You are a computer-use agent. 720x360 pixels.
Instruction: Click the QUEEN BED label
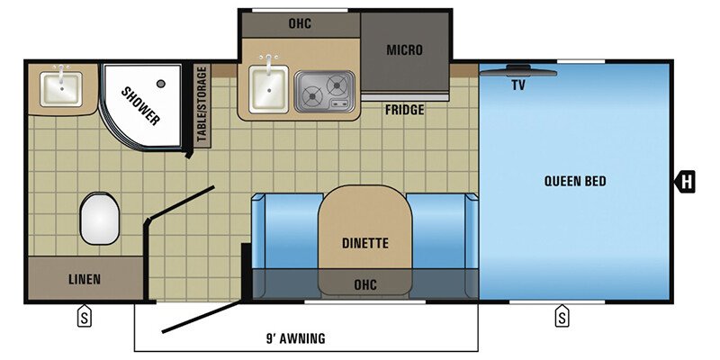pyautogui.click(x=575, y=181)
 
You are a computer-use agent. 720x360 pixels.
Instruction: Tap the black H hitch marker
pyautogui.click(x=686, y=181)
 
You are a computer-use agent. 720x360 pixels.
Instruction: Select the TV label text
pyautogui.click(x=517, y=86)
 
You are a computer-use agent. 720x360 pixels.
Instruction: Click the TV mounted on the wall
pyautogui.click(x=518, y=69)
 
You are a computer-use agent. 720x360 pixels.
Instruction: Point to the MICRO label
pyautogui.click(x=404, y=49)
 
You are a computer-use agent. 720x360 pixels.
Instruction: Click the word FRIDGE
pyautogui.click(x=404, y=110)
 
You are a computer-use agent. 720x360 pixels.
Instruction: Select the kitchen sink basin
pyautogui.click(x=267, y=90)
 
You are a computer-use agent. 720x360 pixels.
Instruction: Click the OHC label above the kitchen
pyautogui.click(x=300, y=22)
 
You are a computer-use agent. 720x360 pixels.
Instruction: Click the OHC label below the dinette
pyautogui.click(x=364, y=285)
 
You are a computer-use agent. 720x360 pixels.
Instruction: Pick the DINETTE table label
pyautogui.click(x=364, y=242)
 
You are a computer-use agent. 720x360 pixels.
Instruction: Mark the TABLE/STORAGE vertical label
pyautogui.click(x=202, y=105)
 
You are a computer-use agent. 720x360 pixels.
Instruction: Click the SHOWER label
pyautogui.click(x=141, y=105)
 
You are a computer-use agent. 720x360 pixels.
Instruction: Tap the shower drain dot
pyautogui.click(x=161, y=84)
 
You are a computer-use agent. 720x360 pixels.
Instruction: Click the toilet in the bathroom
pyautogui.click(x=99, y=220)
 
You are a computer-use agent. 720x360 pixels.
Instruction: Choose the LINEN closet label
pyautogui.click(x=85, y=279)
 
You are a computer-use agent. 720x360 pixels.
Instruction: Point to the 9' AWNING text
pyautogui.click(x=296, y=338)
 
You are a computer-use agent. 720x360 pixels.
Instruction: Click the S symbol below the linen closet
pyautogui.click(x=84, y=316)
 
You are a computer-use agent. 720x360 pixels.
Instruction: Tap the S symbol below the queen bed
pyautogui.click(x=562, y=316)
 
